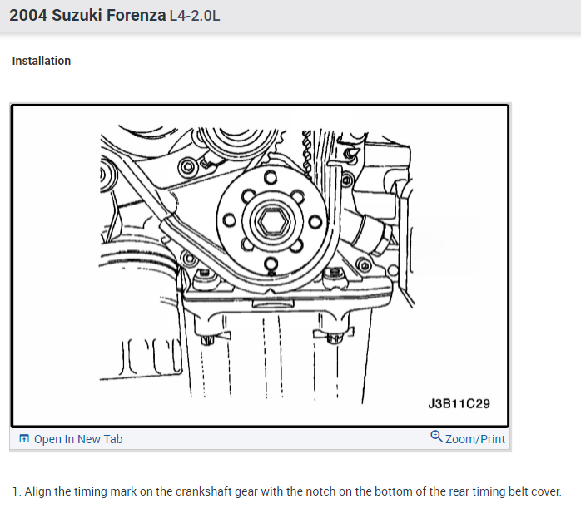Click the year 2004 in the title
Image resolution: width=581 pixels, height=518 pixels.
[28, 16]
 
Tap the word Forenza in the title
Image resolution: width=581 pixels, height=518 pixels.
[136, 16]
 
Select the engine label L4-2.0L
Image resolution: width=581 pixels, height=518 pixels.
[195, 16]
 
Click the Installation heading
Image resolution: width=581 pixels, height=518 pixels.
[41, 61]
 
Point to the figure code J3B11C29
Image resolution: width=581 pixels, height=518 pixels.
[459, 403]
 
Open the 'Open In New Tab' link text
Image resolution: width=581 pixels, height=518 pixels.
[78, 439]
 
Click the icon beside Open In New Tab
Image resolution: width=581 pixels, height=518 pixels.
[24, 438]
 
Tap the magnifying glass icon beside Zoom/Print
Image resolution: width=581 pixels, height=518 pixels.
[436, 437]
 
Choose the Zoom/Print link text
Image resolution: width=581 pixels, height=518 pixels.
[475, 439]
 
